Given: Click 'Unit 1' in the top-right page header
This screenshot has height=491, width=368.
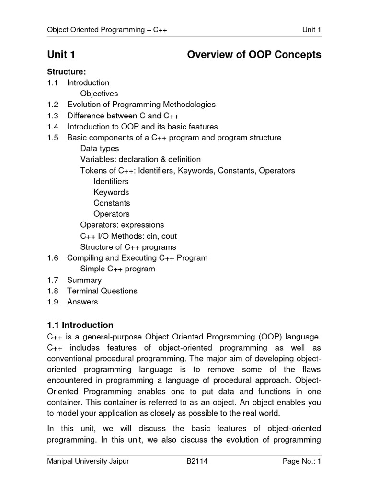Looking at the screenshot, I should [x=311, y=30].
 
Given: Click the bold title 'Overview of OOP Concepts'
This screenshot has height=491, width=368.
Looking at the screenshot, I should [x=254, y=55].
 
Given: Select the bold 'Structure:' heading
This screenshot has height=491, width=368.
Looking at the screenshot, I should [x=66, y=72].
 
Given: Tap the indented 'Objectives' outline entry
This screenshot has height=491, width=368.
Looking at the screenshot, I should [x=99, y=94].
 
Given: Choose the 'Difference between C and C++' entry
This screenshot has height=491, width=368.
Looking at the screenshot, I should [x=123, y=116].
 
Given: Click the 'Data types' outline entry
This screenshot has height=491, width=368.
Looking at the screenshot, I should [x=100, y=149].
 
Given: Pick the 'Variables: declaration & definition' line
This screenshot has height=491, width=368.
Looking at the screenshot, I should [x=140, y=159].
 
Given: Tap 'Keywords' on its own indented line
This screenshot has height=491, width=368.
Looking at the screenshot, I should [x=111, y=192].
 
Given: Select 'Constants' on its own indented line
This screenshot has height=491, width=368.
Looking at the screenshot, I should [x=112, y=203].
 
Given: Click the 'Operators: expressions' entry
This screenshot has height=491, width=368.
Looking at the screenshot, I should [x=122, y=225].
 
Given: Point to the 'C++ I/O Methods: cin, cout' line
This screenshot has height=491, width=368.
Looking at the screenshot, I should [x=128, y=236].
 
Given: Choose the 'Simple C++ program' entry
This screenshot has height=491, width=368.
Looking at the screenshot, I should [x=118, y=269].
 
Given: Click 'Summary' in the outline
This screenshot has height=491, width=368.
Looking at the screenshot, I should [x=84, y=280].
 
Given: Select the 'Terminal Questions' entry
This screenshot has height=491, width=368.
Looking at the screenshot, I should [x=102, y=291].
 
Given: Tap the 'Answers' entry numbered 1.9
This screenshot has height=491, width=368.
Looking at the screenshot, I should [x=82, y=302].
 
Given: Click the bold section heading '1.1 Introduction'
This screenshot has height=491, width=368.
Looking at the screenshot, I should [x=80, y=325].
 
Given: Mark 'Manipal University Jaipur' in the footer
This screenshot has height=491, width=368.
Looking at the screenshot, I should [x=88, y=462].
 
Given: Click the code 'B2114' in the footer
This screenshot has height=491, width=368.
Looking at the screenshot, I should [x=197, y=462].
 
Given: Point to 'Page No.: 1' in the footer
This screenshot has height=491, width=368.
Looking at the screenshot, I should [x=301, y=462].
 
